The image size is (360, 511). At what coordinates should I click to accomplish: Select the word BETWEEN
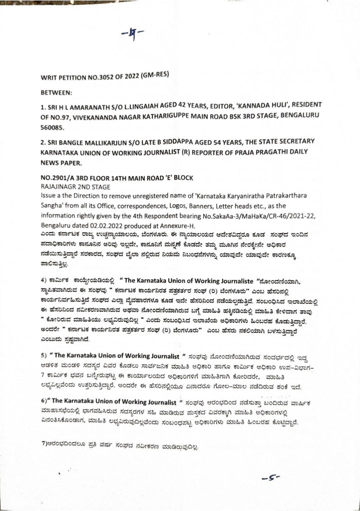pos(57,93)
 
